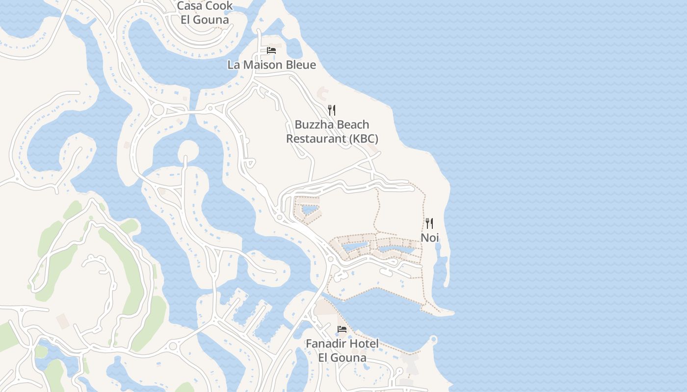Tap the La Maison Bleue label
point(271,65)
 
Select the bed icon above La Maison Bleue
point(271,50)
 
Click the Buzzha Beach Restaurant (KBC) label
point(332,132)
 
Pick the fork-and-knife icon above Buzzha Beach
point(332,110)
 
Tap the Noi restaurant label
point(430,238)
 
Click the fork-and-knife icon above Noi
point(429,223)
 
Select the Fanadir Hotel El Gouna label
point(342,351)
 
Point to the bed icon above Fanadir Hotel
point(342,329)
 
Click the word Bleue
point(300,65)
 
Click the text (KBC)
point(364,139)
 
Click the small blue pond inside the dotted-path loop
point(309,210)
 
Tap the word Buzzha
point(314,124)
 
